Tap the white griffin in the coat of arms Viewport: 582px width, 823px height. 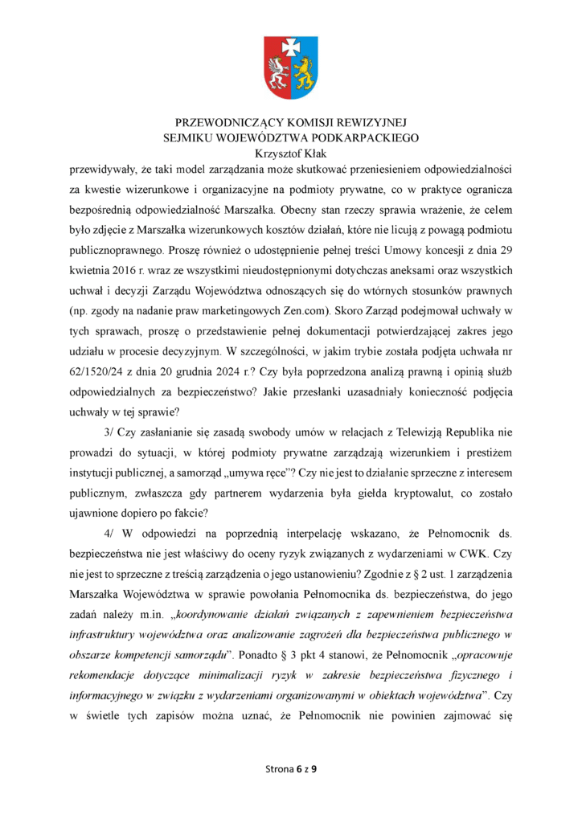click(x=278, y=75)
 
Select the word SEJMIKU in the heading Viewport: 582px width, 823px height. click(x=194, y=138)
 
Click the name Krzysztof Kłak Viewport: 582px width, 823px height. click(x=290, y=153)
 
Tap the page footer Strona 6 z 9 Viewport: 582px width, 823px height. click(x=291, y=769)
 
